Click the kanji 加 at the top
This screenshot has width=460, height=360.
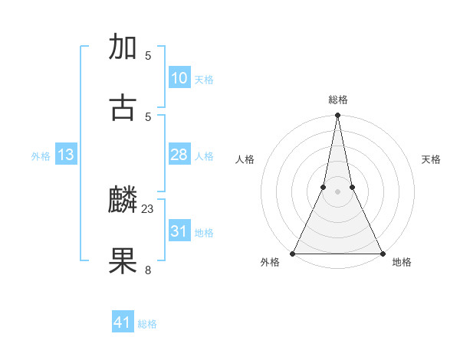tap(123, 47)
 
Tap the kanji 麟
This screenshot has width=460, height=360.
tap(123, 200)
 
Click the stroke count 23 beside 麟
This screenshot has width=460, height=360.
tap(148, 208)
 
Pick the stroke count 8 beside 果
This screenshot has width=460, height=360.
tap(148, 269)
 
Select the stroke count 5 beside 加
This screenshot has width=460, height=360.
tap(148, 55)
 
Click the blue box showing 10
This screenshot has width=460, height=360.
tap(179, 78)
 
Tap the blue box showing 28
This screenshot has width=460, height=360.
tap(179, 155)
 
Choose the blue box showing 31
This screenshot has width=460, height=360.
tap(179, 231)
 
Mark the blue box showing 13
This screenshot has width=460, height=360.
tap(66, 155)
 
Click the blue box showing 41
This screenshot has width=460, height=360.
tap(123, 322)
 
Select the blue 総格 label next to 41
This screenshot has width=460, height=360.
tap(147, 324)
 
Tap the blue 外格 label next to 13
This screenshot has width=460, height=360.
tap(41, 156)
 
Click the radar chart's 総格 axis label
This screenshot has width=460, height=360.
tap(337, 100)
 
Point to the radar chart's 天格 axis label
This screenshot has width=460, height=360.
tap(431, 159)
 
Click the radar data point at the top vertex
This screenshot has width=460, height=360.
tap(337, 116)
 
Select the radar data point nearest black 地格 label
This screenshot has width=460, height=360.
tap(382, 253)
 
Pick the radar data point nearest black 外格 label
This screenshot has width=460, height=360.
tap(293, 253)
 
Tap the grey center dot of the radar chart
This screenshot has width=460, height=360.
tap(337, 191)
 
